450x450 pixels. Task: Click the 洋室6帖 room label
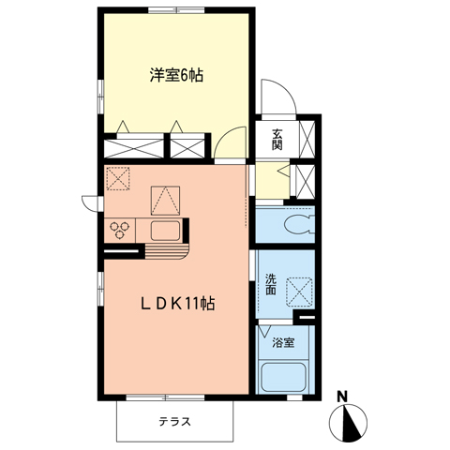[175, 75]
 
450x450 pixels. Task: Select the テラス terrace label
[174, 421]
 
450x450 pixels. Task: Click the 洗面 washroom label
[271, 285]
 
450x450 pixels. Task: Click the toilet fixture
[295, 224]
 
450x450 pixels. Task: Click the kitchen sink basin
[165, 231]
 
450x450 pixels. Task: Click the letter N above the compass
[343, 396]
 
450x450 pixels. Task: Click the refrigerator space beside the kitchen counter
[165, 199]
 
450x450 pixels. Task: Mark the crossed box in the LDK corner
[119, 177]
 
